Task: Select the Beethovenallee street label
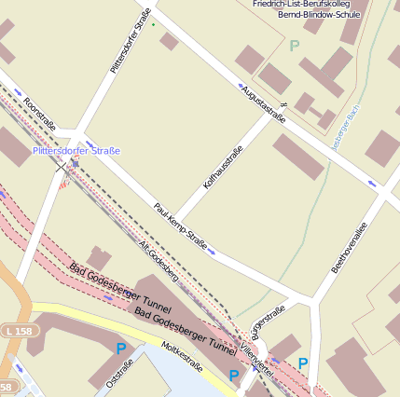click(350, 247)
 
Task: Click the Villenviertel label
click(255, 352)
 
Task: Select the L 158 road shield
click(16, 331)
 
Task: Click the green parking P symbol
click(296, 45)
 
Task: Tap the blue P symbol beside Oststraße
click(120, 349)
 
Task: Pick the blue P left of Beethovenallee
click(302, 363)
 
